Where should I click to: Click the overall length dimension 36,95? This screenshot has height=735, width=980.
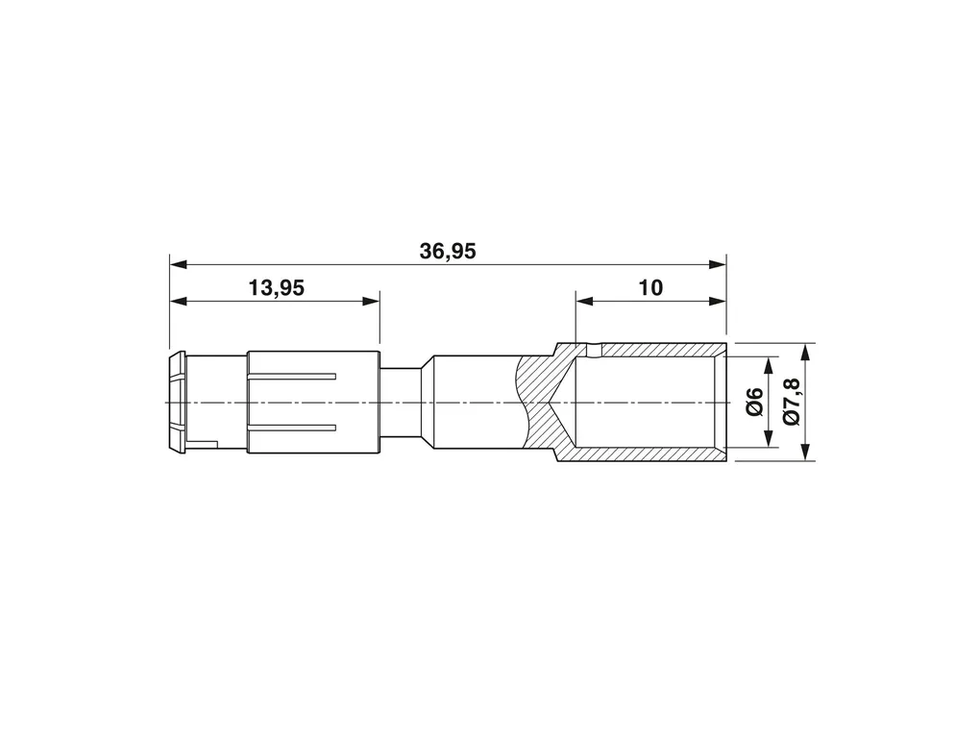[x=448, y=252]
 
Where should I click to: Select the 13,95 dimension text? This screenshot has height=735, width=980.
[x=277, y=288]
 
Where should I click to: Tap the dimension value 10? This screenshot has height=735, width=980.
[x=650, y=288]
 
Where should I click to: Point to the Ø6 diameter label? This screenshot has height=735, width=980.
[x=755, y=402]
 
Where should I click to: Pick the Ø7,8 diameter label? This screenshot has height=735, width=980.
[x=792, y=402]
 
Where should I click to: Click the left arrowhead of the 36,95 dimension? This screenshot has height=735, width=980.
[x=178, y=264]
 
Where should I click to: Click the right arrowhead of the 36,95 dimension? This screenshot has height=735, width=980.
[x=718, y=264]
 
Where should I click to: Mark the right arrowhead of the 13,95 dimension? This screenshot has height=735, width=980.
[x=371, y=302]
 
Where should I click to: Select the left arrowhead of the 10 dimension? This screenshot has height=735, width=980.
[x=584, y=302]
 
